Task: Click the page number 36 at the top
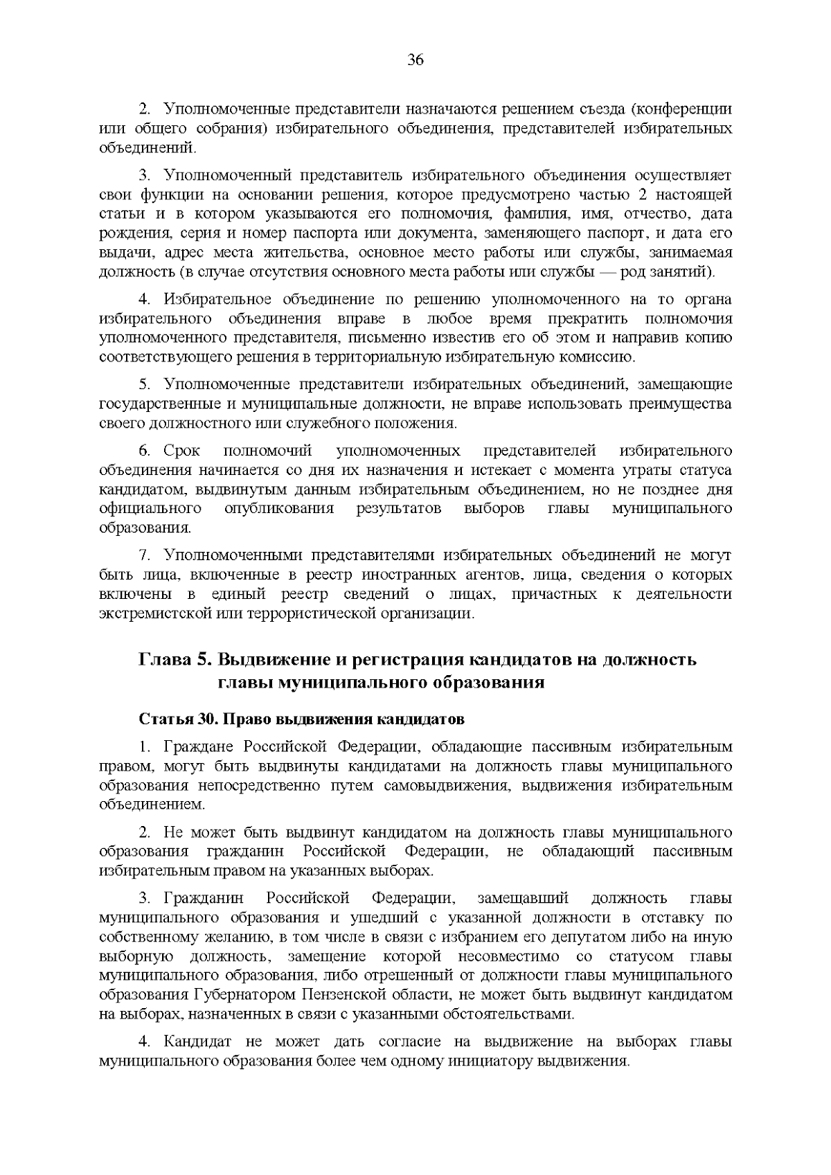pos(415,60)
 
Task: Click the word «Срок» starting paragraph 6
pos(182,451)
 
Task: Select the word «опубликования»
pos(278,509)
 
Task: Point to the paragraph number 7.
pos(144,555)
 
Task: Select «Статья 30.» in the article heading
pos(179,717)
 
